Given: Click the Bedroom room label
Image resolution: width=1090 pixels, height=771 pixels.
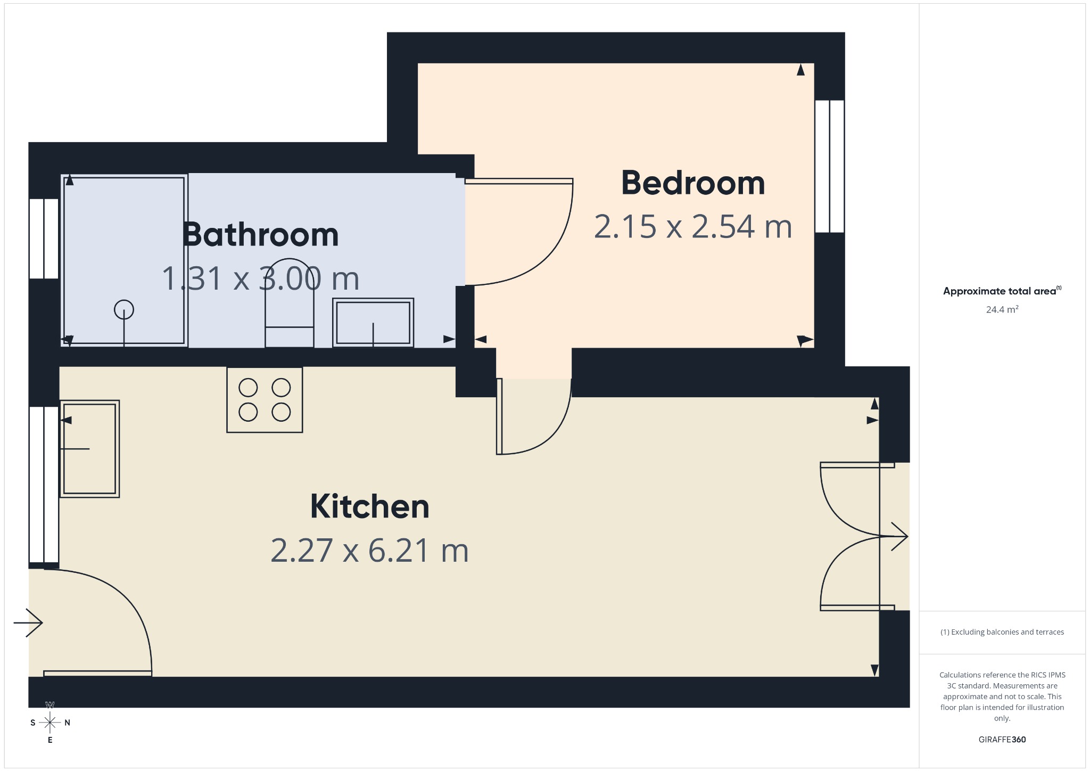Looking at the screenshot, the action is tap(693, 183).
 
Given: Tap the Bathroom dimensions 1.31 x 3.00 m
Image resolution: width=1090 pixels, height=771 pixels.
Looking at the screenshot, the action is tap(261, 278).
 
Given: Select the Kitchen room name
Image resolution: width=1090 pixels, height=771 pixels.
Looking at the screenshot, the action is tap(370, 506).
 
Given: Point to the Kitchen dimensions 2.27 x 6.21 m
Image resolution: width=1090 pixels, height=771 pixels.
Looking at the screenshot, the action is tap(370, 551).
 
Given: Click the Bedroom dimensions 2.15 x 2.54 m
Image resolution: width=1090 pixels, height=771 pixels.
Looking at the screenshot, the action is tap(693, 226).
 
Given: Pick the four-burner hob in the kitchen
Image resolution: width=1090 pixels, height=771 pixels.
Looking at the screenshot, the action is tap(265, 400).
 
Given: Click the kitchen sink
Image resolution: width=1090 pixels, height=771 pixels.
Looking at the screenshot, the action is tap(89, 449).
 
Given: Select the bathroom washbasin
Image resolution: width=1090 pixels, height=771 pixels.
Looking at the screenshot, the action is tap(373, 323).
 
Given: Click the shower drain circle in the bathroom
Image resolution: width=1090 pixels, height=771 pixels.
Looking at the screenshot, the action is tap(124, 309).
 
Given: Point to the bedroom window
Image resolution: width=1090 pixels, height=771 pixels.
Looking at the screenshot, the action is tap(830, 167).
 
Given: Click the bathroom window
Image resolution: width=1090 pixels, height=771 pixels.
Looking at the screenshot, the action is tap(44, 239).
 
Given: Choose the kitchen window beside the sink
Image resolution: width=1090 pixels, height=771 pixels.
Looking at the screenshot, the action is tap(44, 485).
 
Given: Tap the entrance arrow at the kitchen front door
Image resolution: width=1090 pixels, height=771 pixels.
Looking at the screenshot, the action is tap(28, 622).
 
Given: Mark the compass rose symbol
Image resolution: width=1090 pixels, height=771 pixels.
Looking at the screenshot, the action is tap(50, 723).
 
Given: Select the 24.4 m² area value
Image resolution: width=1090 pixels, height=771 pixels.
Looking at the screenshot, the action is tap(1002, 309).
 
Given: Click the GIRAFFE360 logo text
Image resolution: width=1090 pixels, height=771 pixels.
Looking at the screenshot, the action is tap(1002, 740).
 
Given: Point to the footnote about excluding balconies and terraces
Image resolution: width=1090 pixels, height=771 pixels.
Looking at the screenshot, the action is tap(1002, 632).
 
